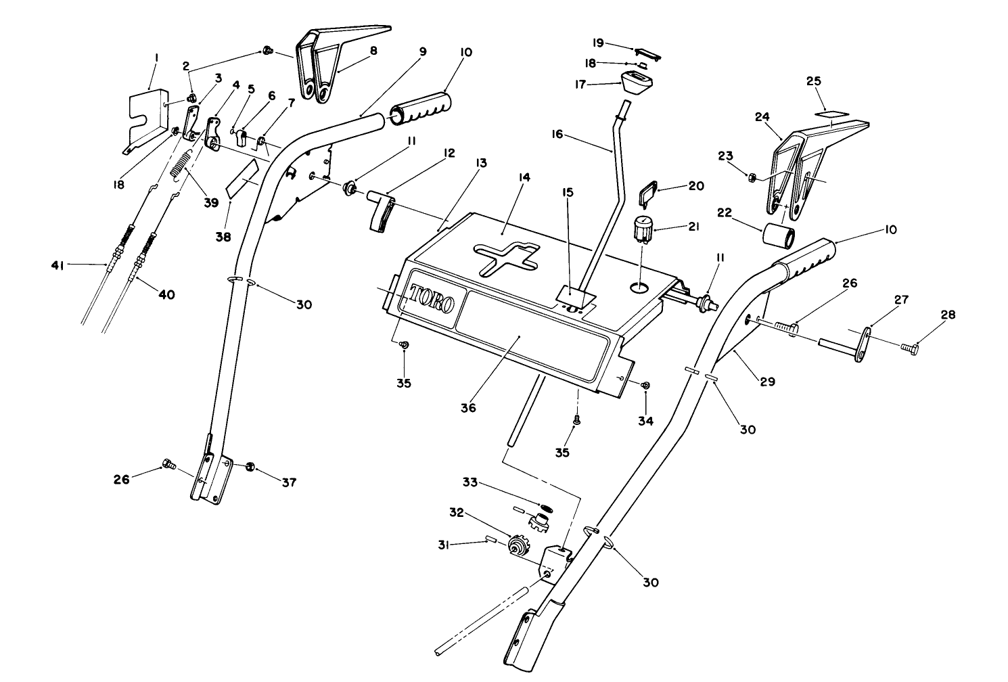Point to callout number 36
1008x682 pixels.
(468, 408)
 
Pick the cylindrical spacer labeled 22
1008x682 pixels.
(778, 236)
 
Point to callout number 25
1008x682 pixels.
(814, 81)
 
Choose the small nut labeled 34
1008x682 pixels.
(645, 385)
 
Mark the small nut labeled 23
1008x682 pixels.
(751, 177)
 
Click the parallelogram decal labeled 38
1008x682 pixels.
(242, 178)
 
